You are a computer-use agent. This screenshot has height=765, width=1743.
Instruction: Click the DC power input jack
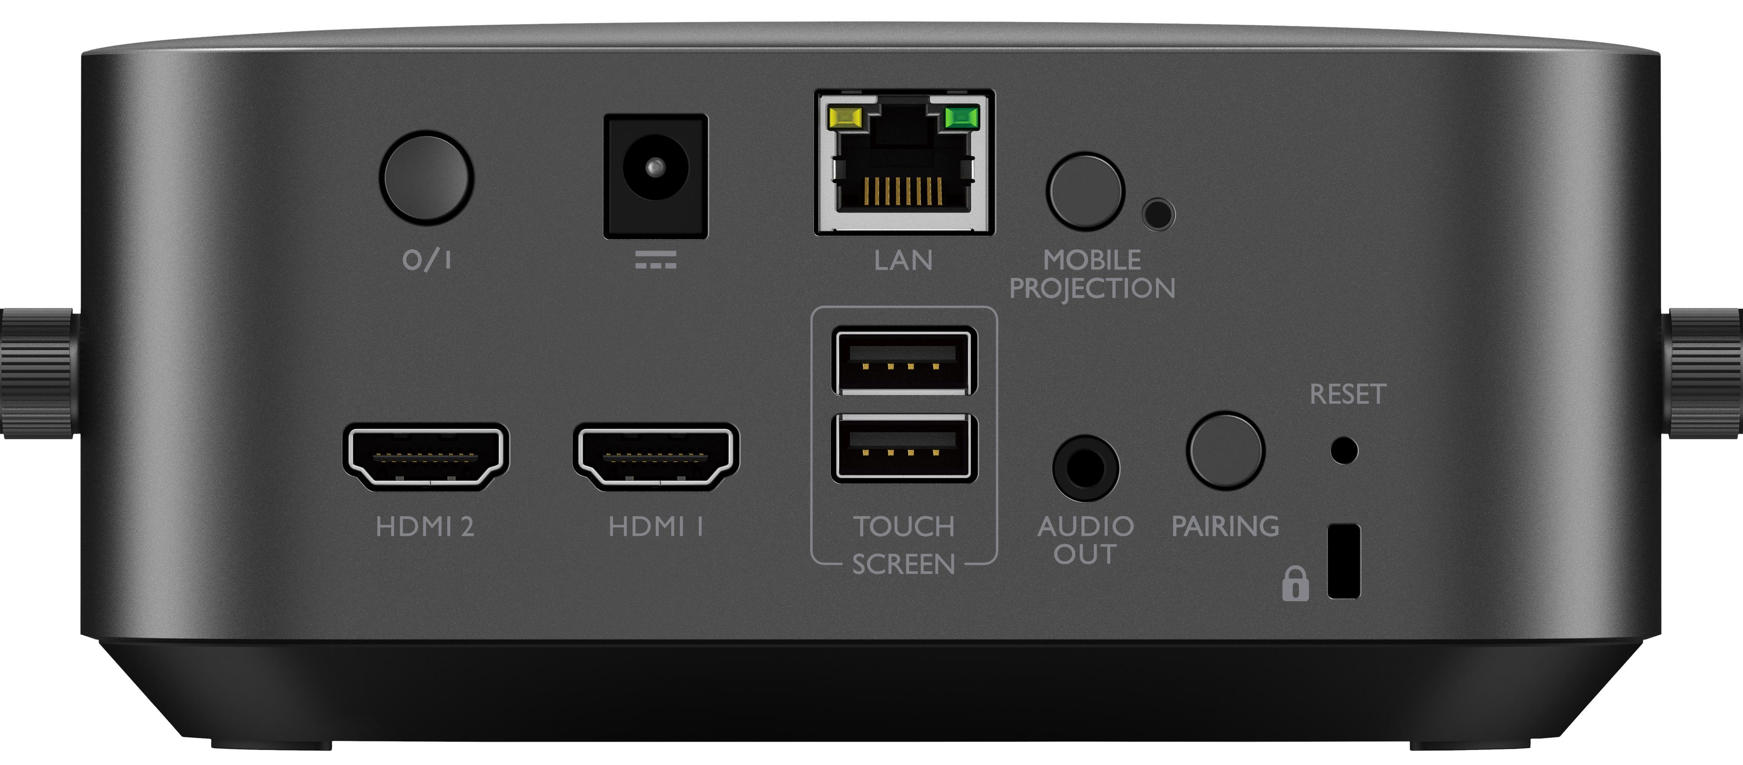655,176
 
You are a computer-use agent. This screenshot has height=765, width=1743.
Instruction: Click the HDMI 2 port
426,456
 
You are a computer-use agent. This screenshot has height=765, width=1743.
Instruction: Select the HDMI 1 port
656,456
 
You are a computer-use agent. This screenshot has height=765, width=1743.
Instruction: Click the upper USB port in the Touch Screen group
905,361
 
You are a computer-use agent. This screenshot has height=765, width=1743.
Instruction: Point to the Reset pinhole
1344,450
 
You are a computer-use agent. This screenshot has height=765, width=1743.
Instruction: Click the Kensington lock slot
1344,561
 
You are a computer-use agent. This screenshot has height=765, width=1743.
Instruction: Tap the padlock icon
1295,584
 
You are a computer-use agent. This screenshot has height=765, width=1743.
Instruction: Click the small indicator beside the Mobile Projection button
1158,215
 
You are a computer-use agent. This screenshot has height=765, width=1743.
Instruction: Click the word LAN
903,260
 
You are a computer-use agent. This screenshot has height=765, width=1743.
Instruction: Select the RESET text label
1348,394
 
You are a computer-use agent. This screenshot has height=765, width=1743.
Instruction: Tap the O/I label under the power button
427,259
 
